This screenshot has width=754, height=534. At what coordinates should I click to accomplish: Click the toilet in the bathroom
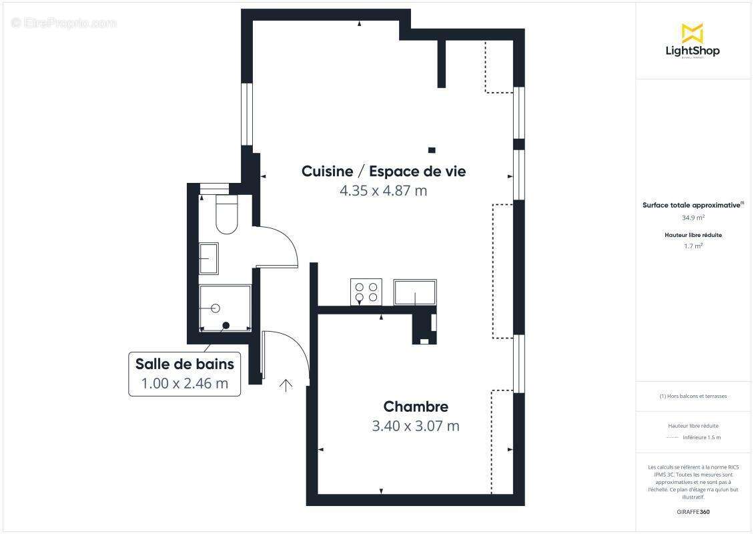227,215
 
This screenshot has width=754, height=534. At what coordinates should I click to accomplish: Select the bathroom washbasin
209,258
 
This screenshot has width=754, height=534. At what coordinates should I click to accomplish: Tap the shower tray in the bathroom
225,308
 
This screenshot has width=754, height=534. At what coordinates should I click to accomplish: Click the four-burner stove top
366,292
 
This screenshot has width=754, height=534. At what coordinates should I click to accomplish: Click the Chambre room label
416,407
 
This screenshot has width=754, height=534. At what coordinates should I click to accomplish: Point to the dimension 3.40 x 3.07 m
416,426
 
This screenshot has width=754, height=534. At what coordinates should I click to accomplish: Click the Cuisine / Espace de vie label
384,172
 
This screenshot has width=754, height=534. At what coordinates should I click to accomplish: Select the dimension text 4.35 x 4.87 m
384,191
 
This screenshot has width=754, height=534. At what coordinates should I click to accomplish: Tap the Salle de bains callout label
184,364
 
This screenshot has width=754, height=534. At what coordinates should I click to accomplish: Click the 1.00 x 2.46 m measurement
184,384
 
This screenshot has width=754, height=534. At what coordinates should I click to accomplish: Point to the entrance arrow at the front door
286,385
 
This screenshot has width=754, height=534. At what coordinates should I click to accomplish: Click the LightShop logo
693,41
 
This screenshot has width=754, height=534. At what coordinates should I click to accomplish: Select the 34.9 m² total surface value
693,218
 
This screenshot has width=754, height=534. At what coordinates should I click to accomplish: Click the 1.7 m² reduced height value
693,246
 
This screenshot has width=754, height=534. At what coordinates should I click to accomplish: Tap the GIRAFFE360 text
693,512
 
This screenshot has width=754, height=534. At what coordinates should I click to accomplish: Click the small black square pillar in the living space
432,150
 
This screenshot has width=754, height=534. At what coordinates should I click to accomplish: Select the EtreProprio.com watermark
64,23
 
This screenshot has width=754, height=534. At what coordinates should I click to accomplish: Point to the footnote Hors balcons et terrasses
693,396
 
